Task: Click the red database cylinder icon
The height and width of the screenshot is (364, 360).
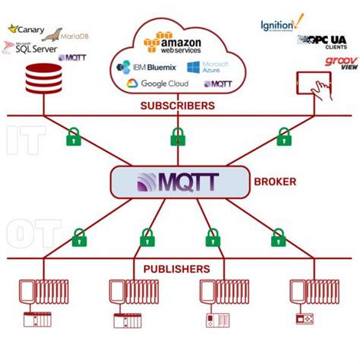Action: [43, 80]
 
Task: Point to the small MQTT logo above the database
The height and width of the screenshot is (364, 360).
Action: [72, 58]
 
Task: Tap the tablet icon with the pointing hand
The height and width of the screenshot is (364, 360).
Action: [315, 85]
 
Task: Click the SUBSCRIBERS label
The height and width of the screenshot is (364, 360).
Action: [177, 106]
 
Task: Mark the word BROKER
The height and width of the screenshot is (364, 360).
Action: [275, 182]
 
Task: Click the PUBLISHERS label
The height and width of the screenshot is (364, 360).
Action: [176, 269]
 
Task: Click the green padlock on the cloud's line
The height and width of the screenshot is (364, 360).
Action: [178, 137]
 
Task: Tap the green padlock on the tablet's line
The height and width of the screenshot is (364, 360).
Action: [284, 137]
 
